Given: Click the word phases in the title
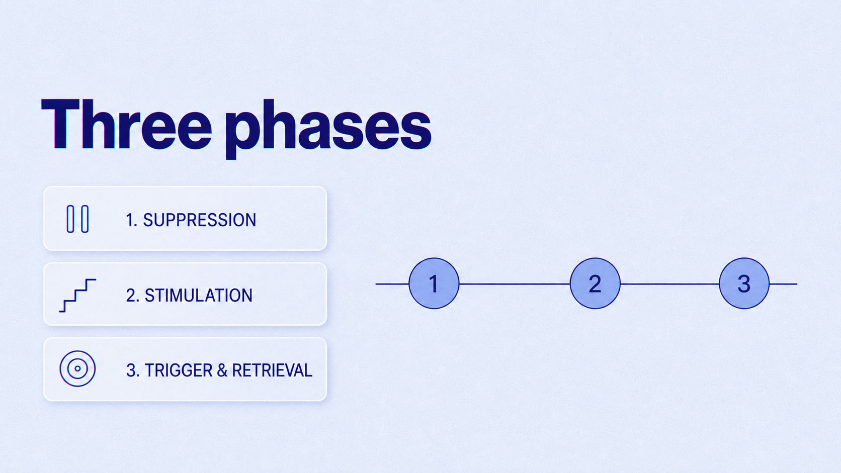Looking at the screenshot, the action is [328, 129].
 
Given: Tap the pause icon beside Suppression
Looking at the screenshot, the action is [78, 219].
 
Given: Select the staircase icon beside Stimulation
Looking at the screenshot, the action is [78, 295].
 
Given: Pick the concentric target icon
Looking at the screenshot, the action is [78, 369].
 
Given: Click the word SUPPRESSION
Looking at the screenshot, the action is [200, 220].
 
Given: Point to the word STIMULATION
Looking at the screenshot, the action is [199, 296].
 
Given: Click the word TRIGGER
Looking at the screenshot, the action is [179, 370].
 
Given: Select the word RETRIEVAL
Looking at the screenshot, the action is [272, 370].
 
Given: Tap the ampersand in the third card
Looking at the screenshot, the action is [222, 370].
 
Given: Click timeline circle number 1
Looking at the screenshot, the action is [434, 283].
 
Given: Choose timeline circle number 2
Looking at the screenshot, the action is [595, 283].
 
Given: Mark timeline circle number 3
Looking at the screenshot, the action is [744, 283].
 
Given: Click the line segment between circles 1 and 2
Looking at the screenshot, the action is [515, 284].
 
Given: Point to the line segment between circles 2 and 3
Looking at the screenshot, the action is [669, 284].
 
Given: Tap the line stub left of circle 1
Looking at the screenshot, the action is [392, 284].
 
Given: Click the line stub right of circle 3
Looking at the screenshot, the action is [783, 284].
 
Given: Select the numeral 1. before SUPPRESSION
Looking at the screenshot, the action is [131, 220].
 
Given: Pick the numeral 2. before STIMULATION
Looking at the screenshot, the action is [132, 296].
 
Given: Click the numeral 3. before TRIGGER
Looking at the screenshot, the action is [133, 370].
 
